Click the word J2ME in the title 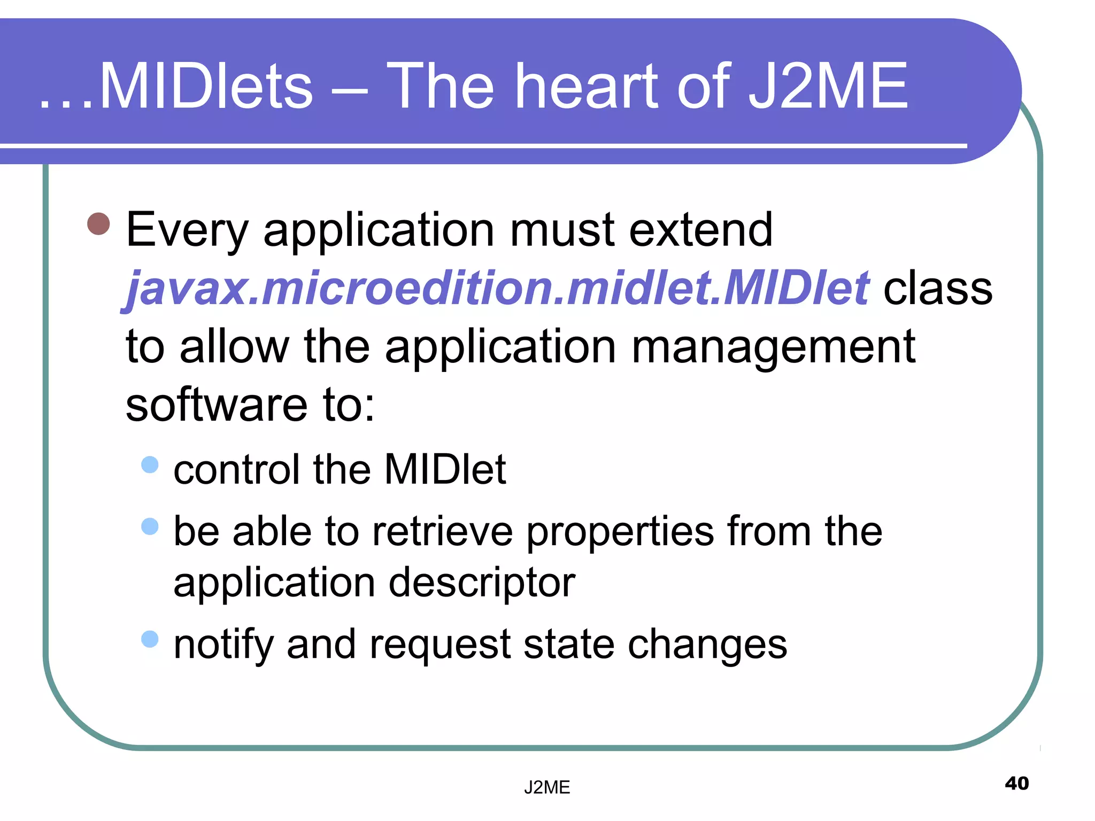click(x=828, y=87)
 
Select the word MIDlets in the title click(x=206, y=87)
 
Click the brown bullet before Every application click(x=99, y=224)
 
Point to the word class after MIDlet click(x=938, y=289)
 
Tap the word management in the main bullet click(x=774, y=347)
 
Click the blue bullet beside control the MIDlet click(x=150, y=464)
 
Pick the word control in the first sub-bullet click(x=236, y=470)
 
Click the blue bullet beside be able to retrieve click(x=150, y=526)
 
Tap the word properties click(x=620, y=533)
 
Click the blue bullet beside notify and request click(x=150, y=639)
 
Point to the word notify click(x=223, y=645)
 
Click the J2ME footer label click(x=547, y=787)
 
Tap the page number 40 click(x=1016, y=784)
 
